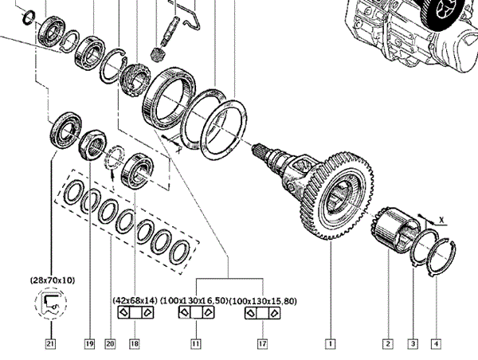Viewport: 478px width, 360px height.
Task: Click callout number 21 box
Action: pyautogui.click(x=51, y=344)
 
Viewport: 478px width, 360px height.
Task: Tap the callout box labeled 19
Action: pyautogui.click(x=88, y=344)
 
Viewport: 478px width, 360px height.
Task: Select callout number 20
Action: pyautogui.click(x=110, y=344)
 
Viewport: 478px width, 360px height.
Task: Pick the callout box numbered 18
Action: pyautogui.click(x=134, y=344)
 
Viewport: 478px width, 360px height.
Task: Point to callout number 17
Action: pyautogui.click(x=262, y=344)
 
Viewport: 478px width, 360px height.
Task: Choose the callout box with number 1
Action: pyautogui.click(x=328, y=344)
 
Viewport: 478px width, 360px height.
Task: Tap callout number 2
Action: pyautogui.click(x=388, y=344)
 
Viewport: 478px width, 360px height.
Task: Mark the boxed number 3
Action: pyautogui.click(x=413, y=344)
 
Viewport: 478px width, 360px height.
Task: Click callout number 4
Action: pyautogui.click(x=435, y=344)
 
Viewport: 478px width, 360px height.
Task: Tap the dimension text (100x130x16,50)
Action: pyautogui.click(x=194, y=300)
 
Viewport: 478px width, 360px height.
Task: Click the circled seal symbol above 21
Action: pyautogui.click(x=51, y=302)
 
